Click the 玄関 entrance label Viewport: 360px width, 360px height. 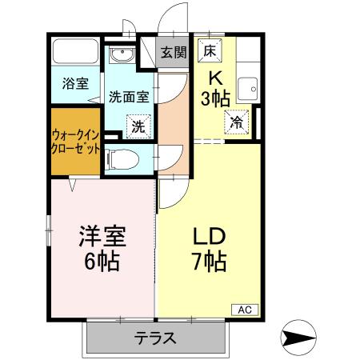click(x=173, y=53)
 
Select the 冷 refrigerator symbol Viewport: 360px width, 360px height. click(x=238, y=122)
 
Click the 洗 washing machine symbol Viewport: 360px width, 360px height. click(x=138, y=126)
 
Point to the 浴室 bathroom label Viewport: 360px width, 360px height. click(x=76, y=83)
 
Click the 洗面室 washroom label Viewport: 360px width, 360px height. click(x=128, y=97)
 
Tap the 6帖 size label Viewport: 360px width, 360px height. click(x=101, y=261)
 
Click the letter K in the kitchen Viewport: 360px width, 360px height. click(x=217, y=78)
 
